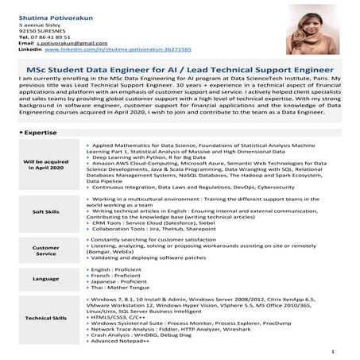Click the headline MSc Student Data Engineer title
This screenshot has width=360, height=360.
pyautogui.click(x=180, y=70)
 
